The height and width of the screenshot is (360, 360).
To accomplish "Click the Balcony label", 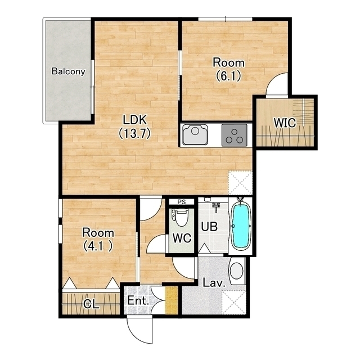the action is (x=69, y=71).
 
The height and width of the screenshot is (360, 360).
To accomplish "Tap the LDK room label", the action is (x=135, y=120).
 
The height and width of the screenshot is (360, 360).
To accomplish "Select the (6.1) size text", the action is (x=229, y=76).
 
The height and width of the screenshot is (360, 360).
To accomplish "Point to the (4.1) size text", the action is (x=98, y=246).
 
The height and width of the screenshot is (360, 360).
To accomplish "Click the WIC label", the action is (x=285, y=123).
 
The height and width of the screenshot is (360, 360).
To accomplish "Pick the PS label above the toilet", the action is (x=182, y=202).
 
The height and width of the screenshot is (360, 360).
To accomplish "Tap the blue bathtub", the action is (x=240, y=226).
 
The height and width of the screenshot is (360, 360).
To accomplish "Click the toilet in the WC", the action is (x=180, y=218).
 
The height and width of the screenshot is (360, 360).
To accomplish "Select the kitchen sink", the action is (x=195, y=134).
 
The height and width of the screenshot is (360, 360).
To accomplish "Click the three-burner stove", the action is (x=234, y=135).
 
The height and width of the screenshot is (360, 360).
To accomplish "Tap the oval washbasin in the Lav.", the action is (x=236, y=271).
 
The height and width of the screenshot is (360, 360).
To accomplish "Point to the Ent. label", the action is (x=138, y=300).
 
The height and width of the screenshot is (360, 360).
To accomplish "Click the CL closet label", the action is (x=91, y=304).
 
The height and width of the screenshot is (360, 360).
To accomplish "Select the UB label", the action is (x=209, y=226).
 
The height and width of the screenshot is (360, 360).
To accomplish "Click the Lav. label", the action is (x=214, y=283).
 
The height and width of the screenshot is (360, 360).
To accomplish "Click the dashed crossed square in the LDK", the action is (x=240, y=183).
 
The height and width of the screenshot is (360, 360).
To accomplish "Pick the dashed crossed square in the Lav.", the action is (x=234, y=303).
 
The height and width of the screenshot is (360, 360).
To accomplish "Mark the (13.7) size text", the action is (x=135, y=133).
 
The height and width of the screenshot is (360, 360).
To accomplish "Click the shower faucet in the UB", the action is (x=216, y=207).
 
